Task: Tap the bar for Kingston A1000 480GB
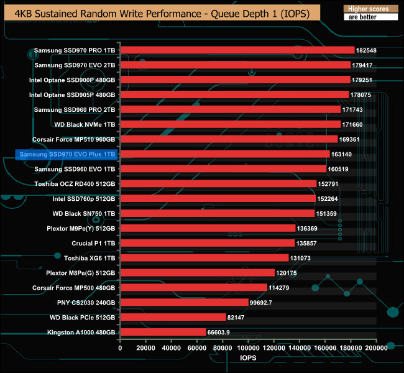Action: click(163, 332)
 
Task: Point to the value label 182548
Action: click(367, 50)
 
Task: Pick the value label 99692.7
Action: click(262, 303)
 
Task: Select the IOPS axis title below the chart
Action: click(248, 359)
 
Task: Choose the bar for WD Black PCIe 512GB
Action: click(173, 317)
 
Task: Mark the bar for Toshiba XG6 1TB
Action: click(204, 258)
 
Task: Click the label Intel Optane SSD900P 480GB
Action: click(72, 80)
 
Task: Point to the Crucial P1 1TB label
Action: click(93, 243)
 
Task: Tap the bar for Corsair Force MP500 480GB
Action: click(194, 288)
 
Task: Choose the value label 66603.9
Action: click(219, 332)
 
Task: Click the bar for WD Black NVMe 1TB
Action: click(231, 124)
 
